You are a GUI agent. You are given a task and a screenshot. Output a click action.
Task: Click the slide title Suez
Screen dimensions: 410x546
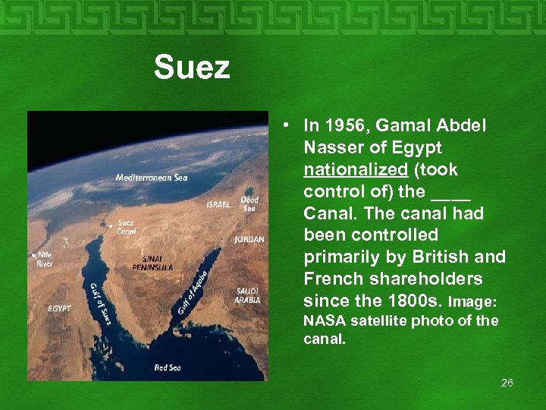coord(191,68)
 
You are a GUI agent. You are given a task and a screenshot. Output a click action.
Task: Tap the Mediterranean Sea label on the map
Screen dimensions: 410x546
coord(151,178)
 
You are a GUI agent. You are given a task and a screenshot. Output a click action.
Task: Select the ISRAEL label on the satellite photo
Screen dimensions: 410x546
coord(218,204)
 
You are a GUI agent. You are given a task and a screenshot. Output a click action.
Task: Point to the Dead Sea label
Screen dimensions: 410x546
coord(249,203)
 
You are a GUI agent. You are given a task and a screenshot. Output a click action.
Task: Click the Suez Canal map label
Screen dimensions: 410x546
coord(126,227)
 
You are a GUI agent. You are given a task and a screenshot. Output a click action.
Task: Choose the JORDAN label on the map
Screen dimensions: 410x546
coord(249,239)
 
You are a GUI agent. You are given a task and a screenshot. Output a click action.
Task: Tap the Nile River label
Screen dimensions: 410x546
coord(45,260)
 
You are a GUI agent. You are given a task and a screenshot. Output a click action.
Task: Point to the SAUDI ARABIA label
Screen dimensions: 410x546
coord(248,295)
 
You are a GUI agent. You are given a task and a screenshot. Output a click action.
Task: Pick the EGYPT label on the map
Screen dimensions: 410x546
coord(59,309)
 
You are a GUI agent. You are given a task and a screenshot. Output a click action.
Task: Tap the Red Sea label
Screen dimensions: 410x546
coord(167,367)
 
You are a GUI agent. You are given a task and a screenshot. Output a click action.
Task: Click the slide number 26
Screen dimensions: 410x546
coord(507,383)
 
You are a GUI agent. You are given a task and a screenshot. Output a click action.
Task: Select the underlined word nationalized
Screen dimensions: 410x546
coord(356,169)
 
